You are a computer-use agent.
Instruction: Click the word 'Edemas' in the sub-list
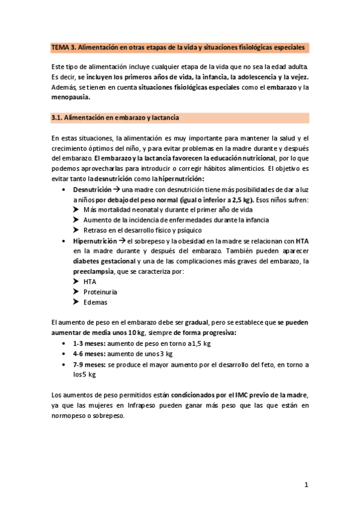coord(96,302)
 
